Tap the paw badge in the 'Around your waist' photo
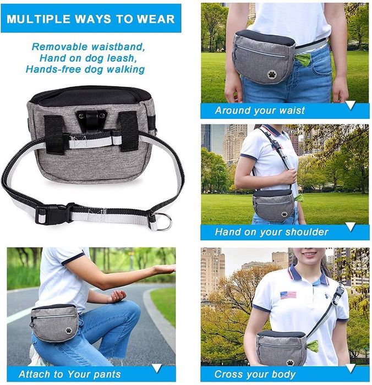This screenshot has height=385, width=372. point(271,74)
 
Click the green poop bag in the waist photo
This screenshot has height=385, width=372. point(303,60)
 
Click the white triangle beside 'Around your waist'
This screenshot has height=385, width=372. point(351,105)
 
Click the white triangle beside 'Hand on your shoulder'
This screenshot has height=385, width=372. point(351,227)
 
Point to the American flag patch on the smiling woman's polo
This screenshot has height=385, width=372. point(288,295)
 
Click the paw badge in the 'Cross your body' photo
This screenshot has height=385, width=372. point(290,362)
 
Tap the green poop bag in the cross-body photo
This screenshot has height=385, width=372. point(312,345)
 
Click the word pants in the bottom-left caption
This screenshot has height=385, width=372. point(107,375)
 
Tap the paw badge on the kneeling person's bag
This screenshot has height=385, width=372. point(69,331)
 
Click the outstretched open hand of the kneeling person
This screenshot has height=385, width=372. point(164,269)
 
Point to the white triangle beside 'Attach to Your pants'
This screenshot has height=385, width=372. point(157,369)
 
